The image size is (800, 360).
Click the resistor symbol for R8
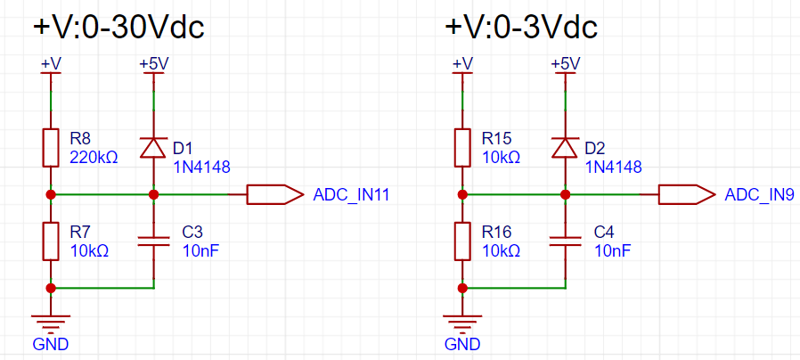(51, 148)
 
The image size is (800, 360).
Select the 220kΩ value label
(94, 158)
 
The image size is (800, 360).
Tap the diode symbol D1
(153, 149)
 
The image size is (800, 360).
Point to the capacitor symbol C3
(153, 241)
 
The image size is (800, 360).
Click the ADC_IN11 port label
(351, 194)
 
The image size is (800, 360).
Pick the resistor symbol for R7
(51, 241)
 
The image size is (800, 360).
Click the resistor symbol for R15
(462, 148)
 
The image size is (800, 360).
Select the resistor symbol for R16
(462, 241)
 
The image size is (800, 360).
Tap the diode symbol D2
(565, 149)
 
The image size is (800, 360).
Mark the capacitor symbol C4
(565, 241)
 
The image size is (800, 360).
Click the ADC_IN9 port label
(759, 194)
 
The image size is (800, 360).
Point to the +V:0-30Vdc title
(118, 28)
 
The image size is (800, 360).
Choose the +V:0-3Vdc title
(521, 28)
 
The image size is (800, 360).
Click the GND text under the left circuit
(51, 344)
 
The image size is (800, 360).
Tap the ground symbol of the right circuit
(462, 323)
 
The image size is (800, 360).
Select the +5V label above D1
(154, 64)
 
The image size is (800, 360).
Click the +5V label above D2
(566, 64)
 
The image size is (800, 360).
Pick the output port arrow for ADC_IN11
(274, 194)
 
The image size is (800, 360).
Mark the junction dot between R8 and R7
(51, 194)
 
